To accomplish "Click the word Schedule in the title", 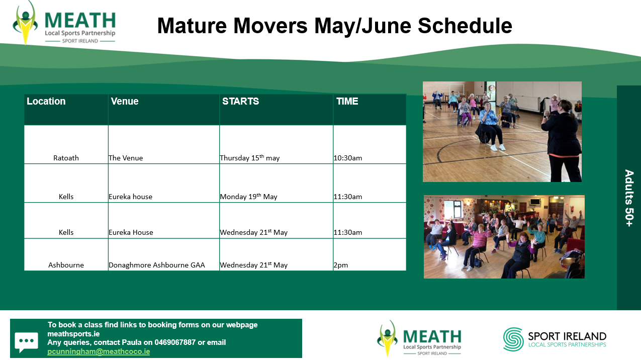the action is (x=465, y=26).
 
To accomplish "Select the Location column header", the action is (x=46, y=101).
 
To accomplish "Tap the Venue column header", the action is (x=125, y=101).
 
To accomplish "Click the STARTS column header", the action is (x=241, y=101).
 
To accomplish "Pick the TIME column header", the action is (x=347, y=101).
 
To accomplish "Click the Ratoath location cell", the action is (x=66, y=158).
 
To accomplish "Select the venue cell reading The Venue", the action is (x=126, y=158).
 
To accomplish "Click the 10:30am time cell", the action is (x=348, y=158).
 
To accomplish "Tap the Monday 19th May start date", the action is (x=248, y=197).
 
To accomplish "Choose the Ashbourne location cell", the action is (x=66, y=265).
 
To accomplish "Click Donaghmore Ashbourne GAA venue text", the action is (x=157, y=265).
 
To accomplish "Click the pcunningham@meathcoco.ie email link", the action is (x=99, y=351).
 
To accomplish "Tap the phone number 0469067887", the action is (x=175, y=342).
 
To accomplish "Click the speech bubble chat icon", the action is (x=26, y=342).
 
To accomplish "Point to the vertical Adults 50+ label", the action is (x=629, y=198).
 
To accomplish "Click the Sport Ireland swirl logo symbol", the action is (x=513, y=339).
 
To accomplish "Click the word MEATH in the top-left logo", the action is (x=80, y=20).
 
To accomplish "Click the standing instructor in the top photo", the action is (x=562, y=141).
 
